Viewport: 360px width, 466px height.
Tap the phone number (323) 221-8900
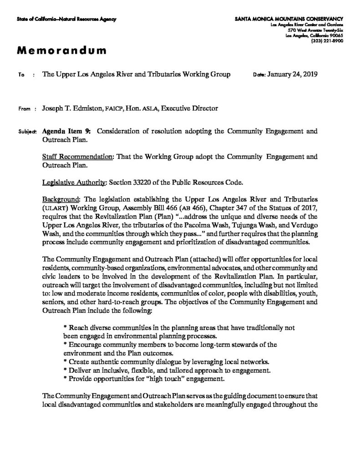pos(327,41)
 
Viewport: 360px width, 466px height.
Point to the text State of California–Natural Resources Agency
pos(66,19)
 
